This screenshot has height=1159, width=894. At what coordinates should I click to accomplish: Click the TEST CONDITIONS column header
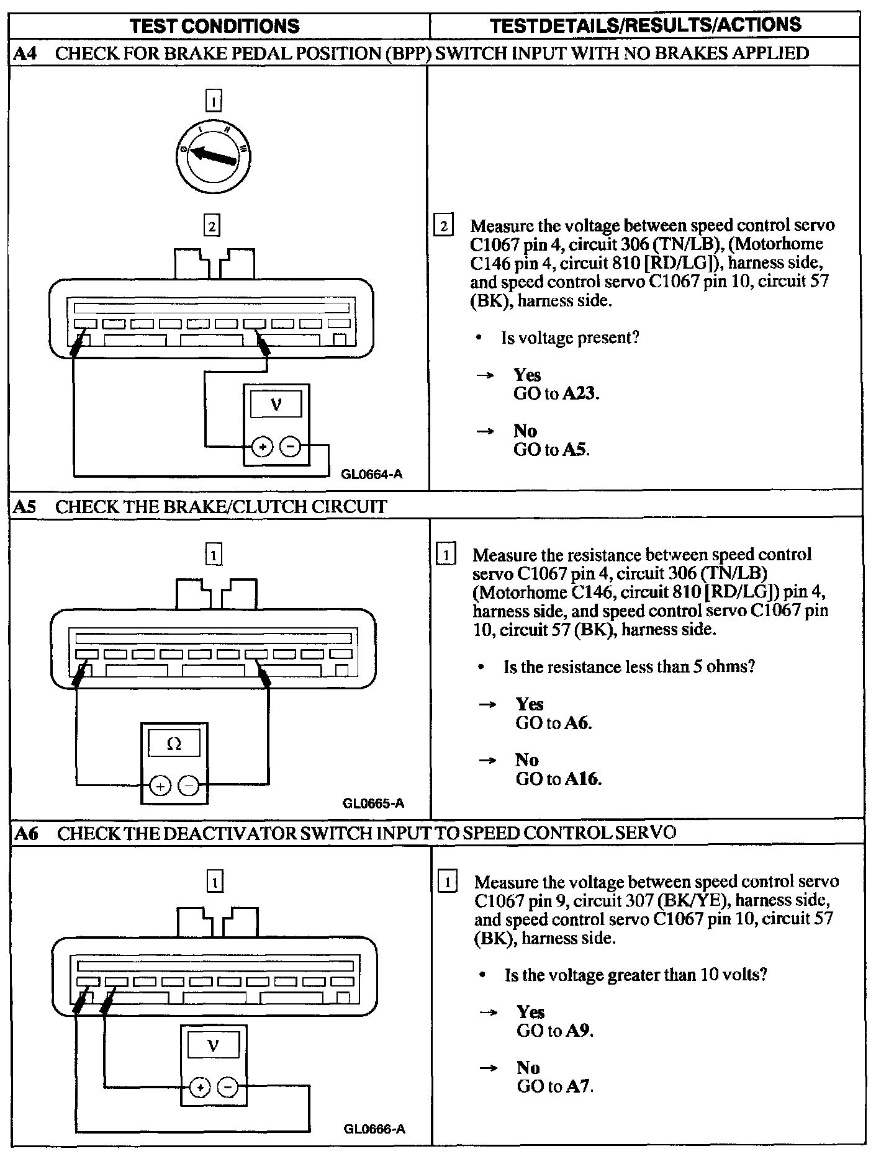click(x=215, y=26)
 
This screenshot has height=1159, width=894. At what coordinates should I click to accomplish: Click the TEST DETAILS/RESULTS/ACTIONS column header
click(x=645, y=25)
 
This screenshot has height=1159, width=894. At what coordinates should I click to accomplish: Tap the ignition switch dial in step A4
click(x=213, y=155)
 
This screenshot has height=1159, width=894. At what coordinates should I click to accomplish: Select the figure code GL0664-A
click(x=371, y=475)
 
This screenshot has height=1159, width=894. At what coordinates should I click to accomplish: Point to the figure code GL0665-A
click(x=373, y=803)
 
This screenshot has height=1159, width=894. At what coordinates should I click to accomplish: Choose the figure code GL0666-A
click(x=374, y=1129)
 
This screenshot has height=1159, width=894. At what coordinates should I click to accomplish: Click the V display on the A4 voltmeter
click(x=276, y=405)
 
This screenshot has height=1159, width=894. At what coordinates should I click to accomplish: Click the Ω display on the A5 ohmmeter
click(x=174, y=743)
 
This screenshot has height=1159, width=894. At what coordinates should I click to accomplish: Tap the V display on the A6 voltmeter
click(x=213, y=1046)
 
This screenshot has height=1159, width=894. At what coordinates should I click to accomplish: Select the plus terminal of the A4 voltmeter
click(x=263, y=446)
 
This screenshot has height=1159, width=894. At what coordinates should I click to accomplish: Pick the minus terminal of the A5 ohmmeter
click(x=189, y=786)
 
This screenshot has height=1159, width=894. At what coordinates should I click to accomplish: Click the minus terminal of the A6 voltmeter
click(x=228, y=1086)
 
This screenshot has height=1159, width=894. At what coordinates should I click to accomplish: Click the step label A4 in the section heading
click(x=25, y=53)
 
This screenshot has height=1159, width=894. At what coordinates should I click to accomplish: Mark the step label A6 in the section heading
click(x=26, y=833)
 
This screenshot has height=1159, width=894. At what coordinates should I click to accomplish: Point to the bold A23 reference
click(x=580, y=393)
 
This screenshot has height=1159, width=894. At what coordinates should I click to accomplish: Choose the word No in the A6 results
click(x=528, y=1067)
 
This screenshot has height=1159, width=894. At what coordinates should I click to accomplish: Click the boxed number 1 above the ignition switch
click(x=213, y=101)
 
